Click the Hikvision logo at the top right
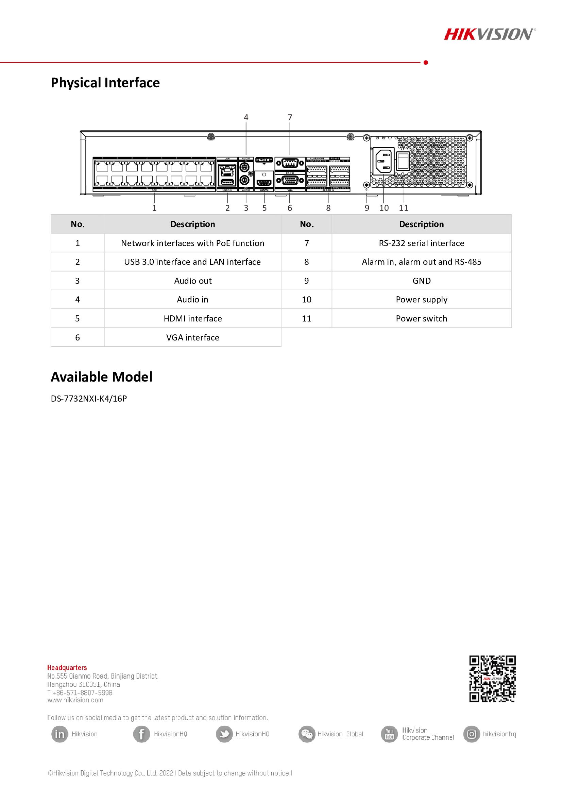click(x=489, y=34)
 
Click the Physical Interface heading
click(x=105, y=82)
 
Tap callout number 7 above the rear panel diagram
click(x=290, y=117)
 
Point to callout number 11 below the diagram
click(x=404, y=208)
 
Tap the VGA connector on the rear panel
click(x=290, y=181)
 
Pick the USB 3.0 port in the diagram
click(x=227, y=183)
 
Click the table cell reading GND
click(x=421, y=281)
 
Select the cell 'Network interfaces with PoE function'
click(x=192, y=243)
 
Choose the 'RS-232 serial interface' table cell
click(x=421, y=243)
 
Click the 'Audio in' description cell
click(x=192, y=299)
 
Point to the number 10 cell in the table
click(x=306, y=299)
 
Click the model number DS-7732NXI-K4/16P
click(x=89, y=399)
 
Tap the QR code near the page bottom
click(x=492, y=679)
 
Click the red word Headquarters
click(x=67, y=667)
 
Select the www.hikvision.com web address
click(x=75, y=700)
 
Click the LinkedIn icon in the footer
click(x=59, y=734)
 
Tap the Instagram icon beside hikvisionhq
click(x=472, y=734)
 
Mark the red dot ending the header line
click(x=426, y=62)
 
